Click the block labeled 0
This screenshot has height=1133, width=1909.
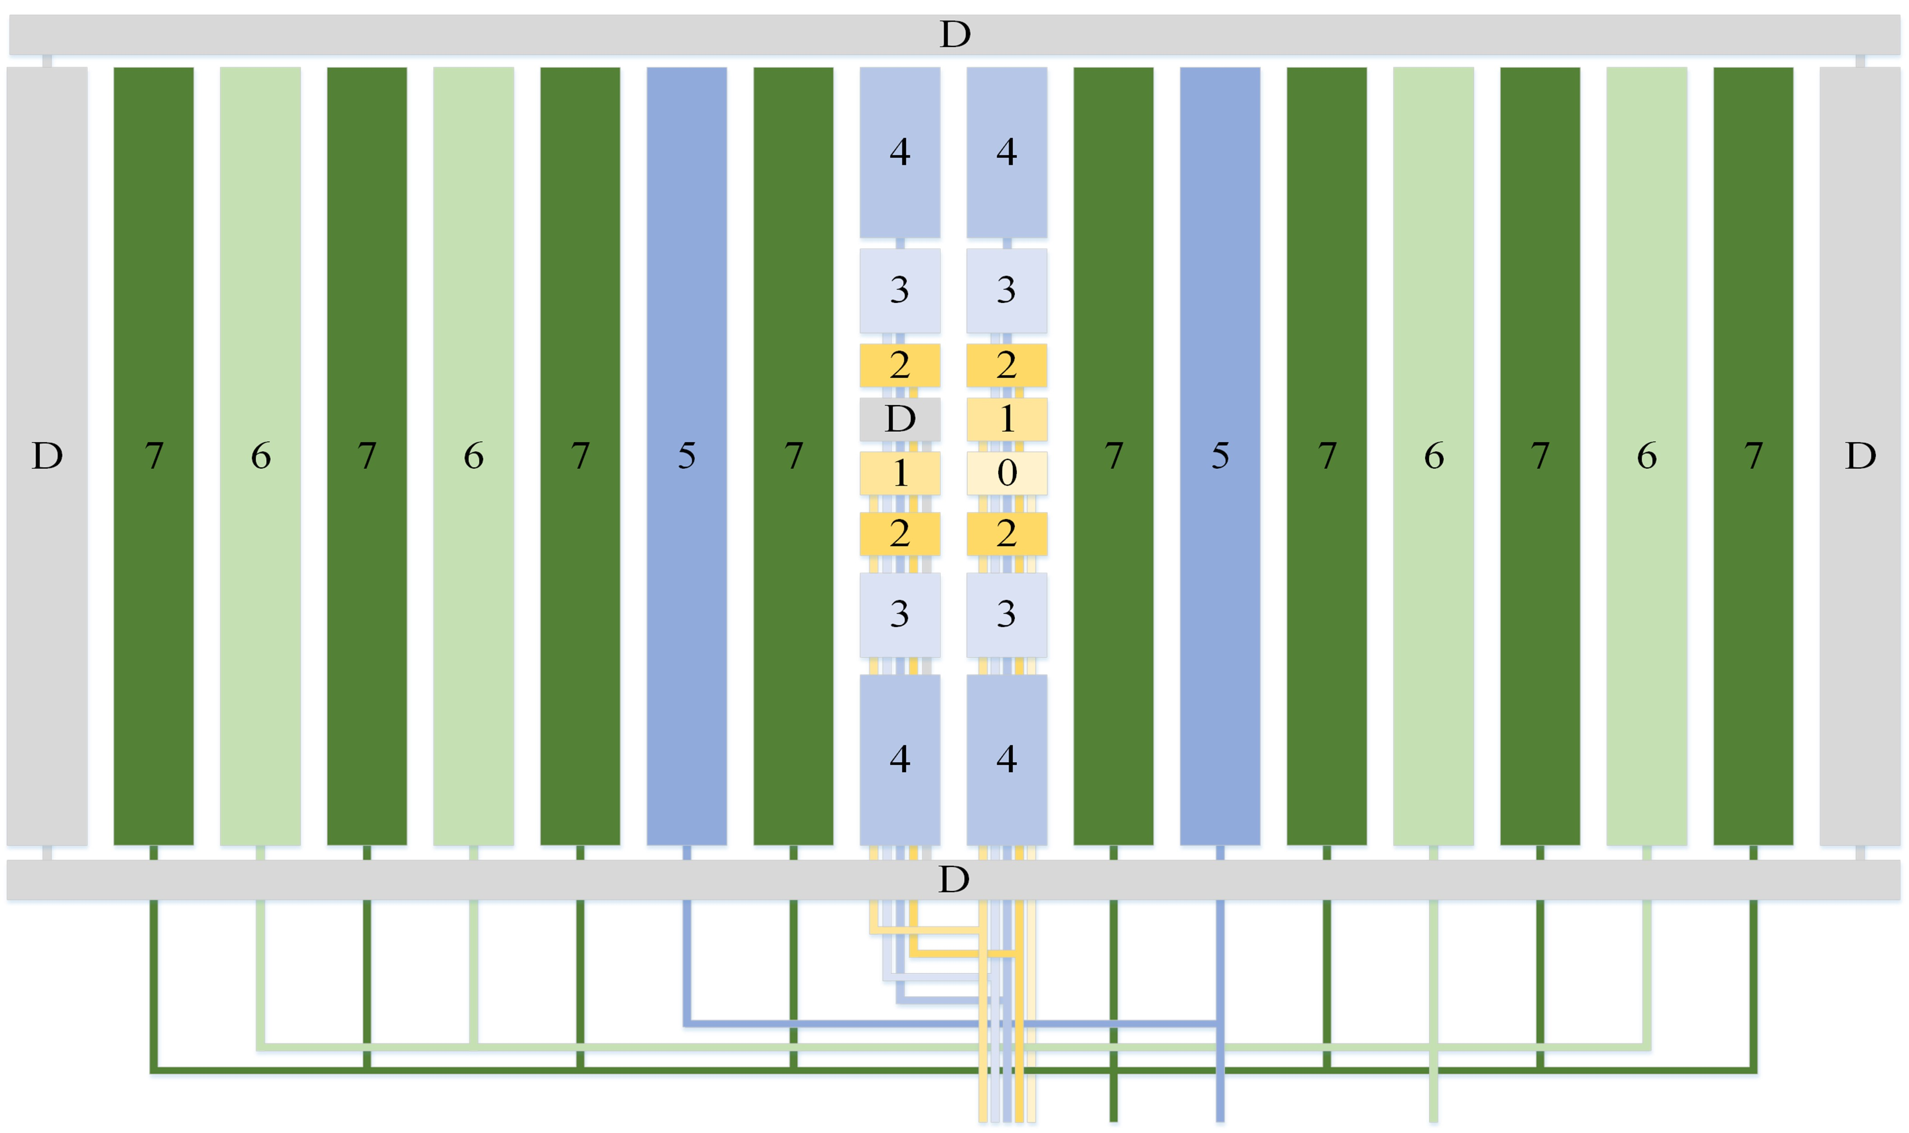pos(1006,472)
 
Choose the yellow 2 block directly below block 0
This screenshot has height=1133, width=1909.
pos(1006,533)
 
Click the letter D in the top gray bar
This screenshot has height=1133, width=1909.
pos(954,34)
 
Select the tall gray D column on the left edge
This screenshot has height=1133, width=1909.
pos(46,456)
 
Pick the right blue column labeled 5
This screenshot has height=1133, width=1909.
pos(1220,456)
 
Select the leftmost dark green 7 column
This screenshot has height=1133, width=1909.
pos(153,456)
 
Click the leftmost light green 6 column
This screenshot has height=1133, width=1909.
pos(260,456)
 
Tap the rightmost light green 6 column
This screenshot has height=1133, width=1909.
pos(1646,456)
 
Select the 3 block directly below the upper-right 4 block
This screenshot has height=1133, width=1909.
pos(1006,290)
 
